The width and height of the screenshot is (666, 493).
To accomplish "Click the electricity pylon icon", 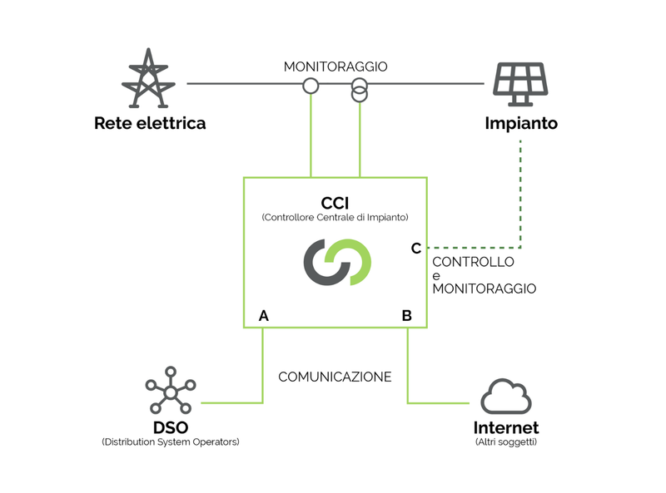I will point(150,78).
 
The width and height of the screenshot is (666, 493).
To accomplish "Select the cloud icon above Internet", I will point(506,396).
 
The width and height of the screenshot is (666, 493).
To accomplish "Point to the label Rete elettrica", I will point(150,124).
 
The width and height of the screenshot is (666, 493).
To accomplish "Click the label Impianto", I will point(521,124).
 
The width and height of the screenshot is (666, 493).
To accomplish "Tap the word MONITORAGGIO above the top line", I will point(335,67).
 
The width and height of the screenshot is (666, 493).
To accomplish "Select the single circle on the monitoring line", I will point(311,85).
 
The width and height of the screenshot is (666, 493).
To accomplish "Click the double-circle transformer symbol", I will point(360,89).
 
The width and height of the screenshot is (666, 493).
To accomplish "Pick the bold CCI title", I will point(335,203).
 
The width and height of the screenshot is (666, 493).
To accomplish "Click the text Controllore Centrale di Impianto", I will point(335,218).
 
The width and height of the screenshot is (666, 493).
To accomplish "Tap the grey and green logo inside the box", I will point(336,261).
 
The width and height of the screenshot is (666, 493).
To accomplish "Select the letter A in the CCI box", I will point(264,316).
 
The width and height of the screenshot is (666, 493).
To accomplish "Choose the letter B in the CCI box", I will point(406,316).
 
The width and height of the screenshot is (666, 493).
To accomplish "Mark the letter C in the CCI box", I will point(416,248).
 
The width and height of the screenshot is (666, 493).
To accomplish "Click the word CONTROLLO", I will point(473,262).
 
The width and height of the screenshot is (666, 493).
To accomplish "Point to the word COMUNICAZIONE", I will point(335,377).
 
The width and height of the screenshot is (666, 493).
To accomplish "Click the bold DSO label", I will point(170,427).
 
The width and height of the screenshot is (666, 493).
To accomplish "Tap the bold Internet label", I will point(506,428).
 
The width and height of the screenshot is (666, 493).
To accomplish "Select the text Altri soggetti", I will point(506,442).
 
